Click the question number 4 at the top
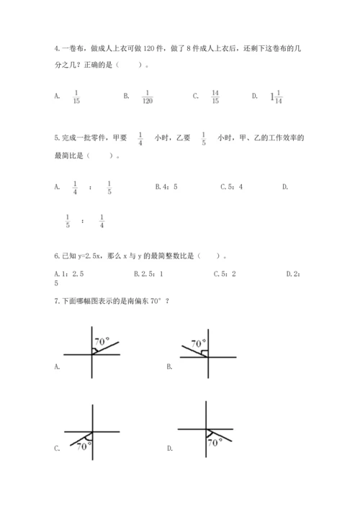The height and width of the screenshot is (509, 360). point(56,48)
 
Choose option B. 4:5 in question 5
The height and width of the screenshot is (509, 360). point(166,187)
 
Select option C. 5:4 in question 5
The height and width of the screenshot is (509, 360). point(231,187)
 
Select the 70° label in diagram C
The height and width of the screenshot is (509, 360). point(84,446)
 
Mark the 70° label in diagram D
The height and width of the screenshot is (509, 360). point(215,443)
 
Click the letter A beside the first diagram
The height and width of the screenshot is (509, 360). point(56,366)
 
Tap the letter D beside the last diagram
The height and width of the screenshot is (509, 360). point(169,449)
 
